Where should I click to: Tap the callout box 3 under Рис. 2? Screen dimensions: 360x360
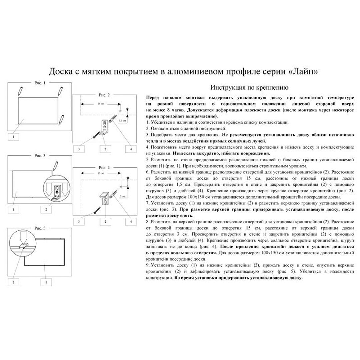point(79,149)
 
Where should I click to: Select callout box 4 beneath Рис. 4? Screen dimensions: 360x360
point(131,221)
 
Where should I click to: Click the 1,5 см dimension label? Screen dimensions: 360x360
point(122,120)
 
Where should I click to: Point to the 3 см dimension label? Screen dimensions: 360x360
point(122,196)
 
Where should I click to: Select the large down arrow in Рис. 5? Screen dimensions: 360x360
point(23,238)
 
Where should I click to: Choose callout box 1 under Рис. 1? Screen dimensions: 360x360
point(13,136)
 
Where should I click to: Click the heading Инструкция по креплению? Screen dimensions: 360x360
point(249,88)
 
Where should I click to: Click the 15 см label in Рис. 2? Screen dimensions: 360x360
point(100,104)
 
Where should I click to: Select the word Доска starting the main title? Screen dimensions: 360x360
point(60,72)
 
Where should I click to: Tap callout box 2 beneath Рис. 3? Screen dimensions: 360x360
point(46,210)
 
